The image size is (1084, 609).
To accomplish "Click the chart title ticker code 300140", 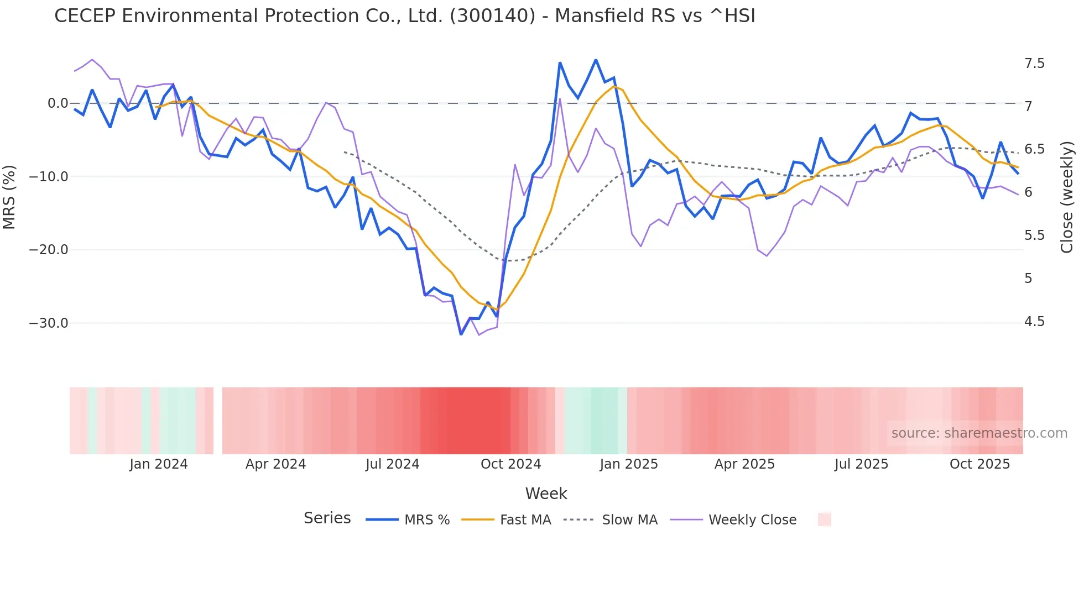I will click(493, 16).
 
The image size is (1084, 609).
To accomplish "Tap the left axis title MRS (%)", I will click(9, 197).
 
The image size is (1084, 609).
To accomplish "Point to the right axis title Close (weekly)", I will click(1067, 197).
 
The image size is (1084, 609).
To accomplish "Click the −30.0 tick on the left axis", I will click(49, 323).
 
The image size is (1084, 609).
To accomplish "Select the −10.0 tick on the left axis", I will click(49, 177).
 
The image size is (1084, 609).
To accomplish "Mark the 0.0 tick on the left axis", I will click(58, 103).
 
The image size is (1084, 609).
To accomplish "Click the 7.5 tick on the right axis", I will click(1034, 64).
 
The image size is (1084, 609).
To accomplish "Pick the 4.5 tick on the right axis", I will click(1034, 322).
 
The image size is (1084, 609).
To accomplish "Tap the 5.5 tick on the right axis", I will click(1034, 235).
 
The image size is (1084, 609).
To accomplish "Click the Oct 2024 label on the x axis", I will click(510, 464).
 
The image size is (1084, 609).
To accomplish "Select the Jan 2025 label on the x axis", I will click(629, 464).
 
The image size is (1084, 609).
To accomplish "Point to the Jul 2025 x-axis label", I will click(861, 464).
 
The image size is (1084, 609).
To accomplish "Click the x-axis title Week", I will click(546, 494).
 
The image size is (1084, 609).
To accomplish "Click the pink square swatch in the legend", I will click(824, 519).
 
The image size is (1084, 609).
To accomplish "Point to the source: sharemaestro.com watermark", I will click(979, 433).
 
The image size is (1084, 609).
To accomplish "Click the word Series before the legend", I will click(327, 518).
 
